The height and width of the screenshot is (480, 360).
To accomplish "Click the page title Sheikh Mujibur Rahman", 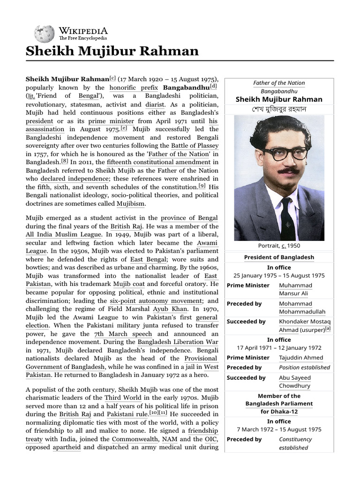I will pyautogui.click(x=112, y=51).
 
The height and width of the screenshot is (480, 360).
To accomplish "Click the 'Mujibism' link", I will pyautogui.click(x=131, y=203).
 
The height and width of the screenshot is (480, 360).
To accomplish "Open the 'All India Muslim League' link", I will pyautogui.click(x=63, y=234).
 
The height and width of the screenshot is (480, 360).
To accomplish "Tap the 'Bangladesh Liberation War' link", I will pyautogui.click(x=178, y=342).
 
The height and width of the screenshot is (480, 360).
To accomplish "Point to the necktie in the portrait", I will pyautogui.click(x=286, y=216).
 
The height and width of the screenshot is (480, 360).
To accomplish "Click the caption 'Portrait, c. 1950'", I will pyautogui.click(x=279, y=246).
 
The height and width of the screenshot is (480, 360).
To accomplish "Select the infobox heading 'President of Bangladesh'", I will pyautogui.click(x=279, y=257).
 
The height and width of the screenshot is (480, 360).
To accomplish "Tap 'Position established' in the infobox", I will pyautogui.click(x=301, y=367).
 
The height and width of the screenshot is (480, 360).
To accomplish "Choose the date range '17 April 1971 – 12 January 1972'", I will pyautogui.click(x=279, y=348).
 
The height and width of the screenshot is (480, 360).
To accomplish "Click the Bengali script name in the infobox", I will pyautogui.click(x=279, y=109).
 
